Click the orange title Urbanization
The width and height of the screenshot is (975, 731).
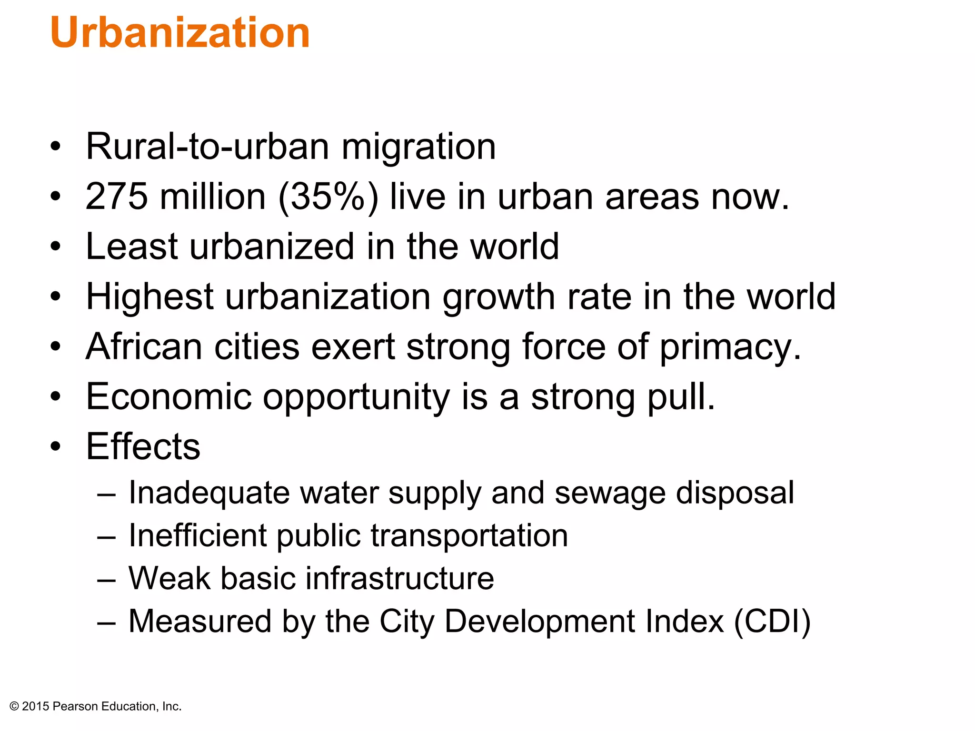[180, 32]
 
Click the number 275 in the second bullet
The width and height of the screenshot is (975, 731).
[117, 197]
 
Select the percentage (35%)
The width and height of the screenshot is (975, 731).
[328, 197]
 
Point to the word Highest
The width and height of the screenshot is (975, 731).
[149, 297]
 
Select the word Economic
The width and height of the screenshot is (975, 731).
[169, 396]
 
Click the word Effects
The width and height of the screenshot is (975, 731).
[143, 446]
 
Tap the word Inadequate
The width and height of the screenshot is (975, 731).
[209, 493]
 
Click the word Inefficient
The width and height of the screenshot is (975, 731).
[198, 535]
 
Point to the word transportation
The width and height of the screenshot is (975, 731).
[469, 536]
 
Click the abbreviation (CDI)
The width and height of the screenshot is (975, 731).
[772, 621]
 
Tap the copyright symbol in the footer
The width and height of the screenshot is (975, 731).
[14, 707]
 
